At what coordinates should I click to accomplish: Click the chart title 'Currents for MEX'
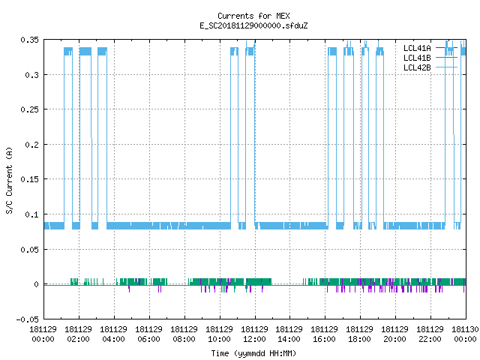253,16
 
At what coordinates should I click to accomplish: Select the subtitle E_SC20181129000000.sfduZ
253,25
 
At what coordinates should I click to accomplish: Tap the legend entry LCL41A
417,48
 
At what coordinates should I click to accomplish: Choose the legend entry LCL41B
417,58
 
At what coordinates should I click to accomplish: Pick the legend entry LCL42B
417,67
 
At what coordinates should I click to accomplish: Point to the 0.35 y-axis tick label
30,40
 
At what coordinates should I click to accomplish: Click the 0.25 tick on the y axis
30,109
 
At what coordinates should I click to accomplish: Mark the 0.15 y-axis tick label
30,179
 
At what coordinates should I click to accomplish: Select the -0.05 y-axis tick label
28,319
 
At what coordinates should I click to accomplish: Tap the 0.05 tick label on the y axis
30,250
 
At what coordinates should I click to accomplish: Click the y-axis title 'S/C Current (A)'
9,181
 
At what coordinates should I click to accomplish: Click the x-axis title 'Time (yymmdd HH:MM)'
253,353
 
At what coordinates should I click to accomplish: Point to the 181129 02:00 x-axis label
78,334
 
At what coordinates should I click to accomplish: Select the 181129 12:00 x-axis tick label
254,334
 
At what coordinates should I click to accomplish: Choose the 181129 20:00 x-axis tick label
395,334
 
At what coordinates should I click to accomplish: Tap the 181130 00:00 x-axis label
465,334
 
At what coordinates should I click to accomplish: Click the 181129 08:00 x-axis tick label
184,334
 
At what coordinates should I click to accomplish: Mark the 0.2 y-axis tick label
32,145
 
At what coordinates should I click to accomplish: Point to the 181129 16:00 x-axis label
325,334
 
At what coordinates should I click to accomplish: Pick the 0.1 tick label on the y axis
32,214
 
